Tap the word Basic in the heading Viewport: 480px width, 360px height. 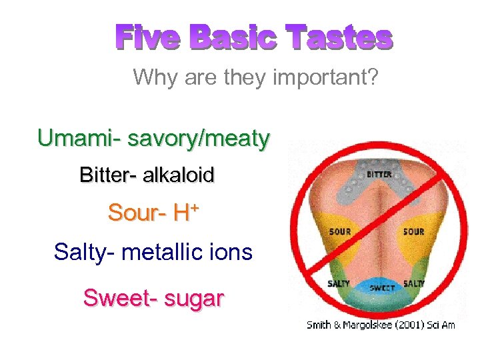click(232, 39)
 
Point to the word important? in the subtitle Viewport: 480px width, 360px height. click(327, 77)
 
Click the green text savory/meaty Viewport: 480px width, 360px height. click(199, 139)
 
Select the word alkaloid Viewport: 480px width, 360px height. click(179, 175)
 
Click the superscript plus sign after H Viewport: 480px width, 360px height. click(194, 208)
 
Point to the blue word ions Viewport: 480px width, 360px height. click(235, 253)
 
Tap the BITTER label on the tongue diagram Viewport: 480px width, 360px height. click(379, 175)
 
